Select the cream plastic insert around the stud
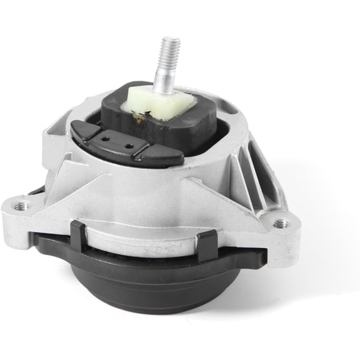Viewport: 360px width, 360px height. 160,100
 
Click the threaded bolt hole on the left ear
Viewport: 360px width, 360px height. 21,205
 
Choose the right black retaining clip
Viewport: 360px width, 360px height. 207,246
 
